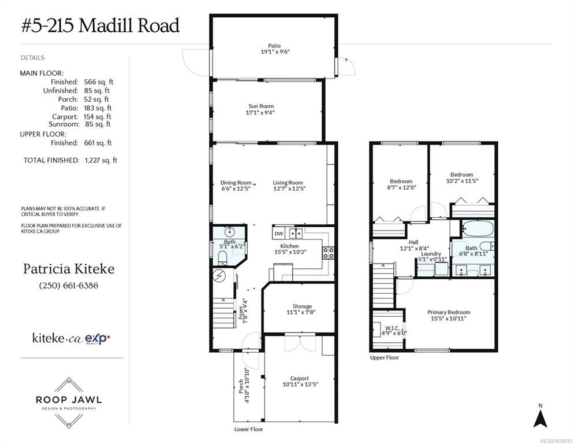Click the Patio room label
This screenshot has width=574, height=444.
[274, 46]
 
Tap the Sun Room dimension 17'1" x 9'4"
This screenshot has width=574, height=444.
[260, 113]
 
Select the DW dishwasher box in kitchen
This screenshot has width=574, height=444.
[279, 233]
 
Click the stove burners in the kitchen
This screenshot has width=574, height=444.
[328, 253]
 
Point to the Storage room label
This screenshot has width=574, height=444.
[303, 306]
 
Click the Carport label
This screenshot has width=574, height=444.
[300, 378]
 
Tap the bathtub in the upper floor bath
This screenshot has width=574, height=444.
[478, 228]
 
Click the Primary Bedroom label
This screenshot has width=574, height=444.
[449, 312]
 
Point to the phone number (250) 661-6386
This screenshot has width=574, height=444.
[69, 285]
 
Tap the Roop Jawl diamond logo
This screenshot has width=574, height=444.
[69, 402]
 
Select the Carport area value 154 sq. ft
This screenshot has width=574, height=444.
[97, 117]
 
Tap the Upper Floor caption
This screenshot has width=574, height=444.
[385, 357]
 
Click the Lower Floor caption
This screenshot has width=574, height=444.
[248, 429]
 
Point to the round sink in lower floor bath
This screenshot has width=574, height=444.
[229, 232]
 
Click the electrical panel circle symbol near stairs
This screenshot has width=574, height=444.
[219, 275]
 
